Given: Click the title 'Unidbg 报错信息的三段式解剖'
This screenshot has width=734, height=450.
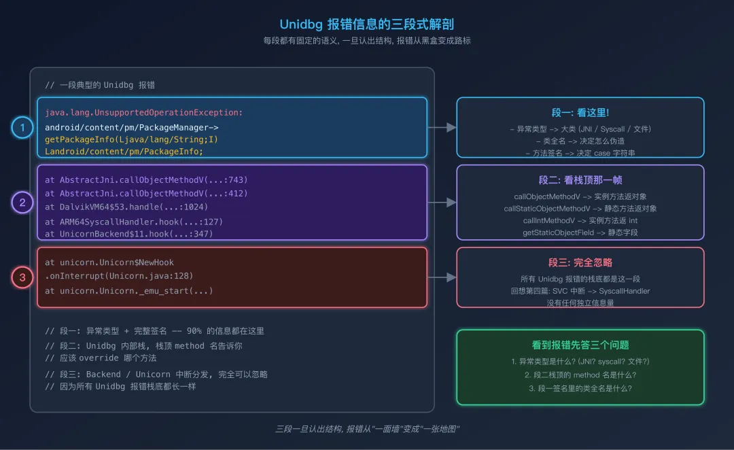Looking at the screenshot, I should click(366, 24).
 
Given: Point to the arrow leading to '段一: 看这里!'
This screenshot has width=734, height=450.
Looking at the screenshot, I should click(442, 127).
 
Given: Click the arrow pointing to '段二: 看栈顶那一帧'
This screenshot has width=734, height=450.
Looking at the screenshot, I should click(442, 202).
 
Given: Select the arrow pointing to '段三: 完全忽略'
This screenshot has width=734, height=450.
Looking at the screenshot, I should click(442, 277).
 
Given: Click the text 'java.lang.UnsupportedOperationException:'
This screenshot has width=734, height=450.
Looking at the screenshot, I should click(144, 113).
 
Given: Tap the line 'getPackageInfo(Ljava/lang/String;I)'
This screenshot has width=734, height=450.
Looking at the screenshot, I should click(132, 139).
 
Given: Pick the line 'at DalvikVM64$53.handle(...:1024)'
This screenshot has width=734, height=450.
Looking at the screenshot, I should click(127, 207).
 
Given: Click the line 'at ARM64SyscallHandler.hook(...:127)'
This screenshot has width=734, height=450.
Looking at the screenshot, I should click(134, 222).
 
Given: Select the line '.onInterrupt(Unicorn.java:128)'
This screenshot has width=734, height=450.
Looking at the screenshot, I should click(120, 276).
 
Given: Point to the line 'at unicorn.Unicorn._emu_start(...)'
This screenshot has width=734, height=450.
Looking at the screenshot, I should click(129, 291).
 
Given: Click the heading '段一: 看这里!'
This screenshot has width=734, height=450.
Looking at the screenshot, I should click(580, 113).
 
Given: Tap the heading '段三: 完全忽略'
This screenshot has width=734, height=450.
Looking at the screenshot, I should click(580, 262).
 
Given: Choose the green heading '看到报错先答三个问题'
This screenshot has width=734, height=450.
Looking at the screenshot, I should click(580, 345).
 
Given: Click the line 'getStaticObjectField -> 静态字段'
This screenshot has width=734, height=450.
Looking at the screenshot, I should click(580, 232).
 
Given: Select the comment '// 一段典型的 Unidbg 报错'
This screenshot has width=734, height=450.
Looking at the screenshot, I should click(100, 85).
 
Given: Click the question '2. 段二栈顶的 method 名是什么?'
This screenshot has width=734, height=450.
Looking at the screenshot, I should click(580, 375).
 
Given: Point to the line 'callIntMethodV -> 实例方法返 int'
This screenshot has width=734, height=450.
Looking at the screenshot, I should click(580, 221).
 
